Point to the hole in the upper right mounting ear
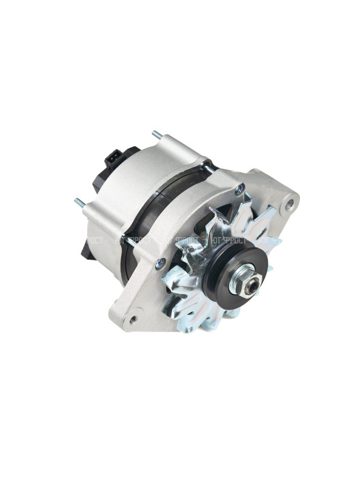pyautogui.click(x=290, y=202)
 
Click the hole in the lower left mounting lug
pyautogui.click(x=133, y=316)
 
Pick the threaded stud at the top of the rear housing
pyautogui.click(x=157, y=134)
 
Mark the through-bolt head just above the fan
pyautogui.click(x=240, y=190)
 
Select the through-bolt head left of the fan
pyautogui.click(x=160, y=262)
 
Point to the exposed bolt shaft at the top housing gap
pyautogui.click(x=207, y=164)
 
